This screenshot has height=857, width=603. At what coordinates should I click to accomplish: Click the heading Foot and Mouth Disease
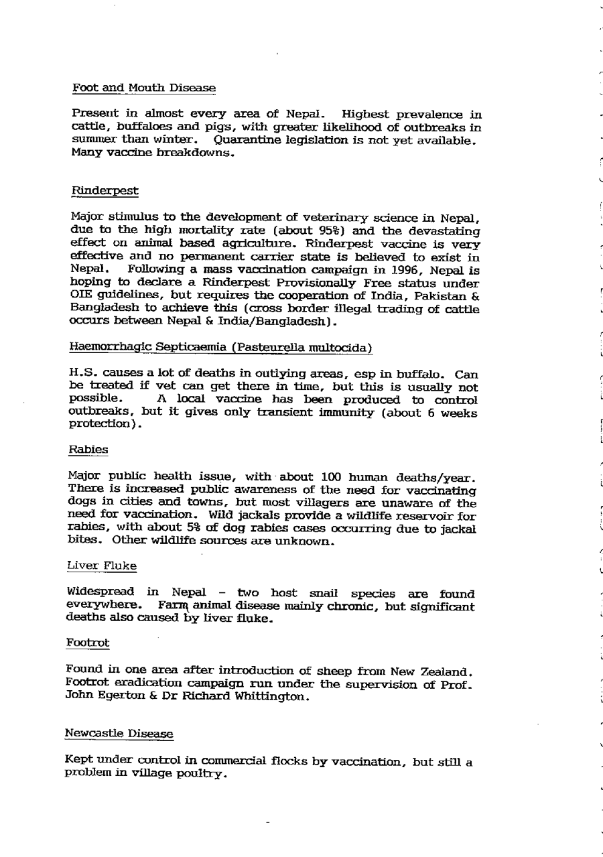[144, 88]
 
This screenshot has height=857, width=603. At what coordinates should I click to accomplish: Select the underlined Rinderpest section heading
[105, 191]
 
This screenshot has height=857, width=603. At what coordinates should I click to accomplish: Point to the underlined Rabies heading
[88, 450]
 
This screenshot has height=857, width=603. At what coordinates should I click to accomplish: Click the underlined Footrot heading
[87, 643]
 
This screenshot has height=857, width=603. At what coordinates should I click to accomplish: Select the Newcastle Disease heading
[119, 734]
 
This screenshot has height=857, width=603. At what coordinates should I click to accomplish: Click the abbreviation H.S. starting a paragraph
[83, 373]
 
